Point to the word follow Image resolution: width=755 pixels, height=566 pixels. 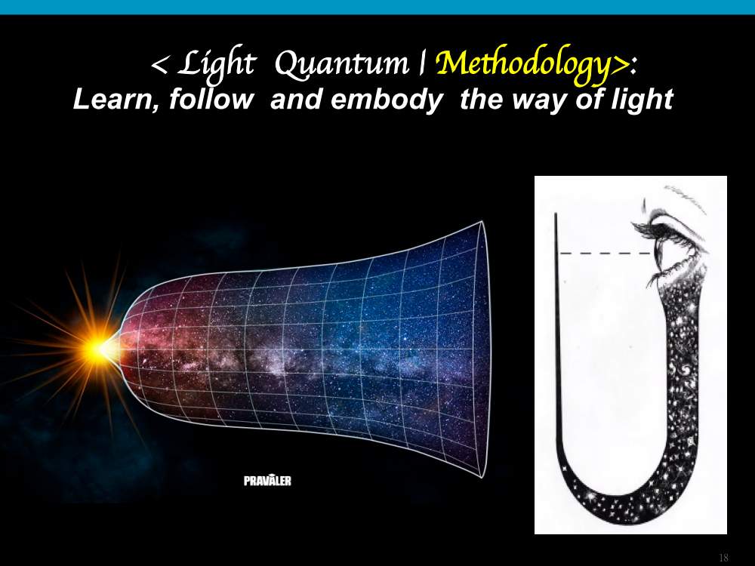tap(211, 99)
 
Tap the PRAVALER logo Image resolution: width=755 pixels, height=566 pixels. tap(267, 480)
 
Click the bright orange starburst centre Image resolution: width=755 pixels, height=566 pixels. tap(99, 350)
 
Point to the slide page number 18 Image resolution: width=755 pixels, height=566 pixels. tap(723, 558)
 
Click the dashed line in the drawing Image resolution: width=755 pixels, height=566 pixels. tap(606, 253)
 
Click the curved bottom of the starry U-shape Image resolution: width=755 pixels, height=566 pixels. tap(626, 506)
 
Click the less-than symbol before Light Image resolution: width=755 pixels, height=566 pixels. tap(159, 65)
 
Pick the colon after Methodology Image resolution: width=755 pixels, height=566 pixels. tap(633, 67)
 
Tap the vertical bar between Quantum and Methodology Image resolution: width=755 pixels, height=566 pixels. tap(422, 63)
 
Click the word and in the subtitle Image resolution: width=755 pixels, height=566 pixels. tap(297, 99)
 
